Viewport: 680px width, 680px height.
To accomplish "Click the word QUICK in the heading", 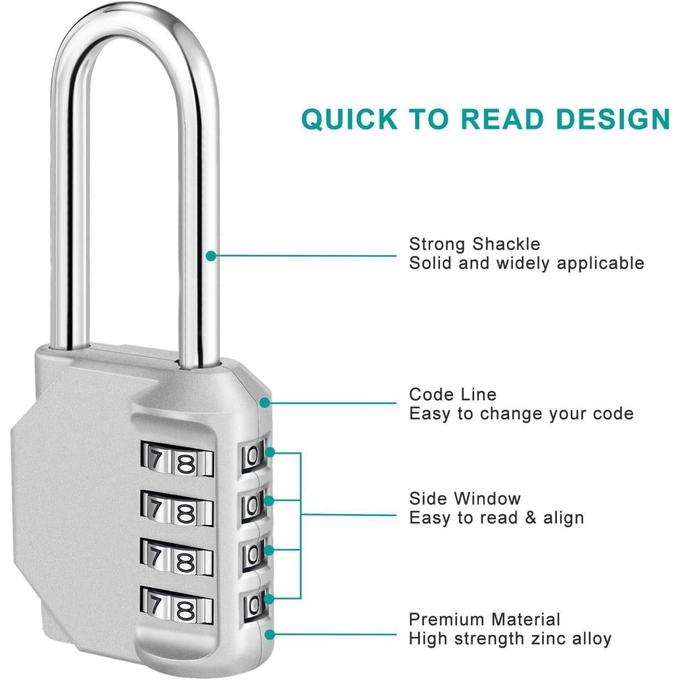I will pos(349,119).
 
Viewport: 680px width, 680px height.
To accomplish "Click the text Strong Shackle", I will pos(474,244).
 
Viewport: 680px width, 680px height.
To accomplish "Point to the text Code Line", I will pos(452,394).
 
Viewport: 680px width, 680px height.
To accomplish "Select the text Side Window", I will pos(465,499).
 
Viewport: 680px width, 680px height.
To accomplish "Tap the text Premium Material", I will pos(484,619).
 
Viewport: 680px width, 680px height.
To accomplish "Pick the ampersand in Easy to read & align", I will pos(530,518).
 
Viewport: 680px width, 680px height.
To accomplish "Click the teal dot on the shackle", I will pos(210,256).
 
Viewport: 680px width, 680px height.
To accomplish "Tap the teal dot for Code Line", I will pos(266,402).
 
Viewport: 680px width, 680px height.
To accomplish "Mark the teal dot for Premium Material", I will pos(270,635).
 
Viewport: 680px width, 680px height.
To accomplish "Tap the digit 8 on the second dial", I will pos(185,514).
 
